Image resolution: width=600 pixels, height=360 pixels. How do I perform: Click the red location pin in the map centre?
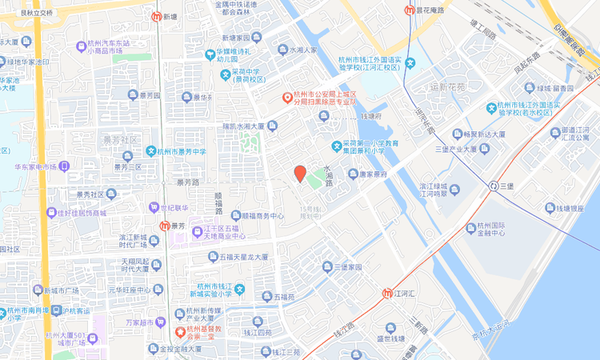tap(300, 173)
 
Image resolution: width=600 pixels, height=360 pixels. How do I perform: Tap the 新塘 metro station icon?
tap(155, 16)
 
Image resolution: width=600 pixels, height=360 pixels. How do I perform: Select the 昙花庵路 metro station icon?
tap(409, 11)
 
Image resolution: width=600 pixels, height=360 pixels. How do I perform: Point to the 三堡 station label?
tap(507, 186)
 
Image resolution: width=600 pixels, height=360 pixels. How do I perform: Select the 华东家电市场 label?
tap(35, 167)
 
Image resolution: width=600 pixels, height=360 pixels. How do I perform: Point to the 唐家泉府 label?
tap(372, 174)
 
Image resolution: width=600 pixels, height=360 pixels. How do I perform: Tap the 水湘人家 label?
tap(302, 50)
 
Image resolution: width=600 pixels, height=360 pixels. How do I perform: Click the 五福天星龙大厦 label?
tap(242, 258)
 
